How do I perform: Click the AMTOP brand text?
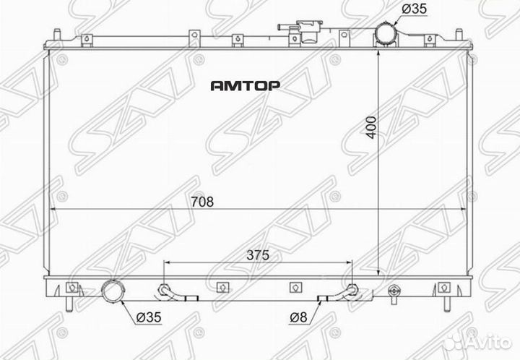point(245,85)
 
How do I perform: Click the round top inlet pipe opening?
point(385,34)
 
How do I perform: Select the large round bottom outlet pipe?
point(113,292)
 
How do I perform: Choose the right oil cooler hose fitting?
point(352,291)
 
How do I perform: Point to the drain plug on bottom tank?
point(394,292)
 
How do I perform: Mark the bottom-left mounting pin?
point(69,302)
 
